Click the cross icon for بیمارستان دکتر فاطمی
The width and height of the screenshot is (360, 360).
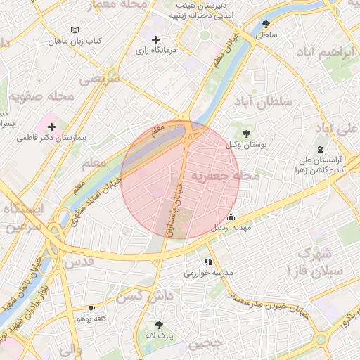52,127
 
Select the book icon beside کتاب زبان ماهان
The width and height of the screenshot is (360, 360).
75,31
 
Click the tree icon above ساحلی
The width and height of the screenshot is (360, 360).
266,23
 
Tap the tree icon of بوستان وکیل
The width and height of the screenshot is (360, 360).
246,133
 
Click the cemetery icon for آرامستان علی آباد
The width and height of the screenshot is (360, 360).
321,148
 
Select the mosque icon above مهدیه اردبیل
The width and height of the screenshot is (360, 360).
231,217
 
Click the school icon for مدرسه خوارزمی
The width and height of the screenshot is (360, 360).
208,262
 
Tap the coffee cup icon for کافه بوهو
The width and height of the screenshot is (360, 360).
91,308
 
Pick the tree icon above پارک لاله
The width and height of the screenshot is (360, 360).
160,325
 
